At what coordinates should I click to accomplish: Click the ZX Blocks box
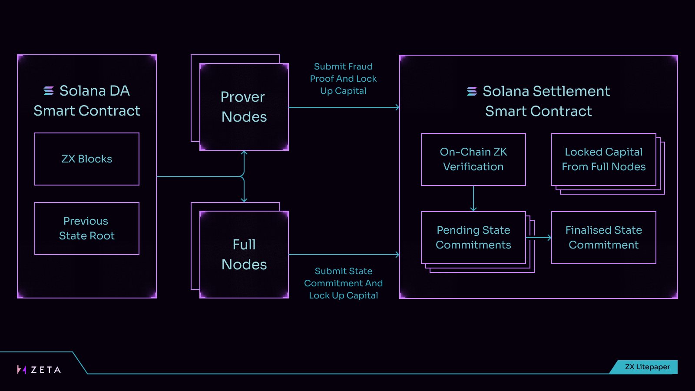(87, 159)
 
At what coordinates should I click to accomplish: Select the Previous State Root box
(87, 229)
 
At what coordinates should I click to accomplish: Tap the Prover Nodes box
(244, 107)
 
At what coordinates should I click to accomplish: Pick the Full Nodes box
(244, 255)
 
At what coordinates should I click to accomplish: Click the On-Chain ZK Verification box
(473, 159)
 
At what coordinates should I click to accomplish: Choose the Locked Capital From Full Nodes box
(604, 159)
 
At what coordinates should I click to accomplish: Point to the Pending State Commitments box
(473, 238)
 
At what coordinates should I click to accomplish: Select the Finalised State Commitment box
(604, 238)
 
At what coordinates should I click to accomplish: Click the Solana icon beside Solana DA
(49, 91)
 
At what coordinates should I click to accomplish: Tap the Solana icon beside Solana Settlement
(472, 91)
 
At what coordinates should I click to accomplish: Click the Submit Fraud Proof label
(343, 79)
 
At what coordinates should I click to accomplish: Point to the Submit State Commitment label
(343, 283)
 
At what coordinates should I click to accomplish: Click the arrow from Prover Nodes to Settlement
(343, 107)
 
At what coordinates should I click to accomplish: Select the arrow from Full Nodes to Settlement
(343, 255)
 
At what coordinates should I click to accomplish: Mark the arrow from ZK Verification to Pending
(473, 199)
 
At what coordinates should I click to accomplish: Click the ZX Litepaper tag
(647, 367)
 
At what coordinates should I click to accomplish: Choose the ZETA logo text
(46, 370)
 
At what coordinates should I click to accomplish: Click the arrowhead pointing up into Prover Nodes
(244, 153)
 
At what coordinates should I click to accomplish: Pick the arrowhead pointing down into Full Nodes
(244, 200)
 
